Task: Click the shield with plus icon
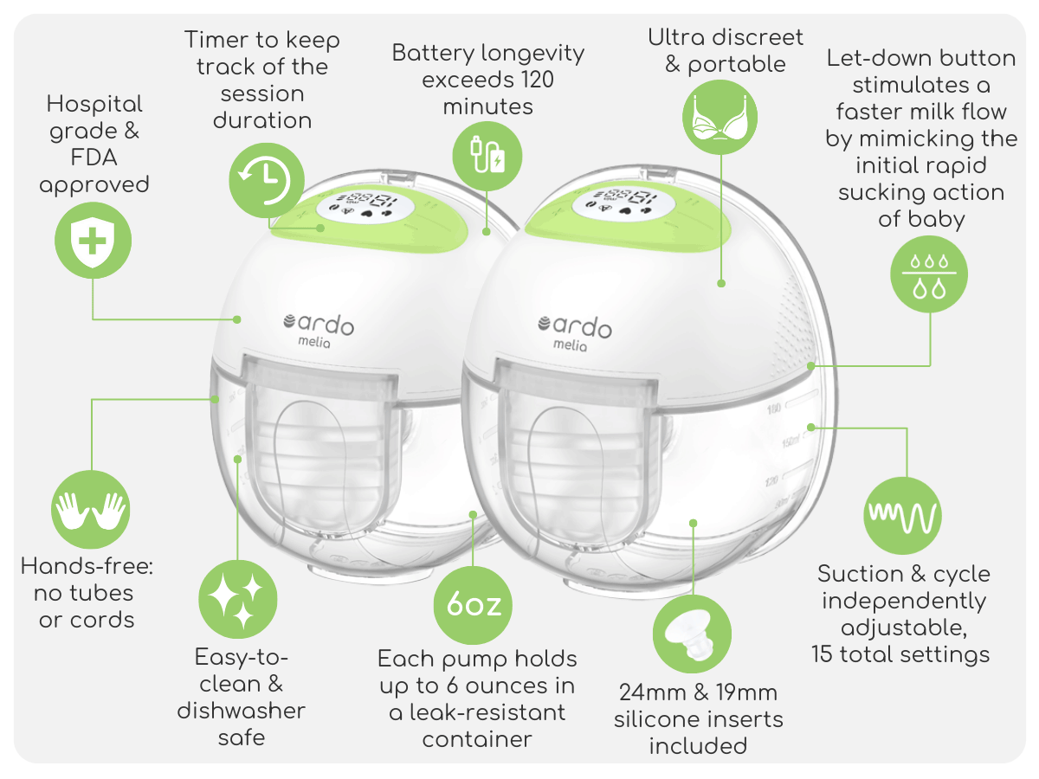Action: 93,241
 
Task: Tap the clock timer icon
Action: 267,180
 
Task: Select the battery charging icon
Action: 487,156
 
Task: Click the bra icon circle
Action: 720,117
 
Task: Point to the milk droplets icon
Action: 929,274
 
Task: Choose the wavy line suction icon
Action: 902,516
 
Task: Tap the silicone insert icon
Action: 692,634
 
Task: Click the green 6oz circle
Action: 473,605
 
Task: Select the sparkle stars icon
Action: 237,599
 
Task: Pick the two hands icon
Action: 90,510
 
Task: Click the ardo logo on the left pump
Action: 318,329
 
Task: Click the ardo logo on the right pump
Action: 575,332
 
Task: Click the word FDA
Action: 94,158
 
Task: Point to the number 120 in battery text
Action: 537,80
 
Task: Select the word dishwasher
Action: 241,711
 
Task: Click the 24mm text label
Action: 653,693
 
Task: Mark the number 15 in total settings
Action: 822,654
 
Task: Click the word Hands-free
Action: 87,566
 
